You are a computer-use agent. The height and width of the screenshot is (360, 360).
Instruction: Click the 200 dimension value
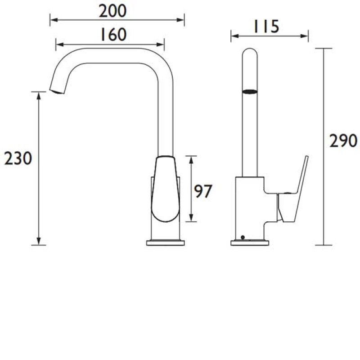(112, 11)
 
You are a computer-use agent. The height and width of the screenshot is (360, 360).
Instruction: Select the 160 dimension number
(113, 35)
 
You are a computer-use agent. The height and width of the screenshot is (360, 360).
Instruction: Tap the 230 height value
(18, 158)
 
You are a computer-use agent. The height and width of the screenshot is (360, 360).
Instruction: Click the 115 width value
(266, 27)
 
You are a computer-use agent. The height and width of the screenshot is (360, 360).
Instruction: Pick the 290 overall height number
(343, 141)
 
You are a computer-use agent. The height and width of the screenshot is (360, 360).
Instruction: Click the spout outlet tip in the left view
(57, 91)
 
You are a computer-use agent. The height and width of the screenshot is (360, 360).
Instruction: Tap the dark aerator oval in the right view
(250, 92)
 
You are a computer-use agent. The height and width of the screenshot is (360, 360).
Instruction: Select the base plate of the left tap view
(165, 243)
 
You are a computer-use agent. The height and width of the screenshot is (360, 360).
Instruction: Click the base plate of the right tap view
(250, 243)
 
